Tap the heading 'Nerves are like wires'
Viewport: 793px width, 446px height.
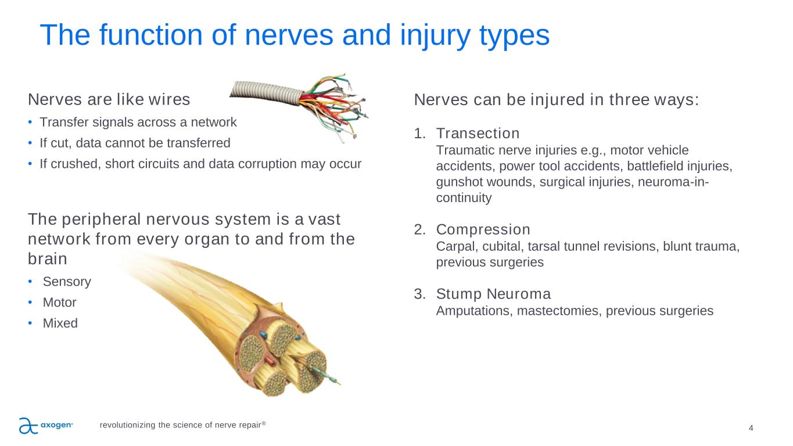pyautogui.click(x=109, y=99)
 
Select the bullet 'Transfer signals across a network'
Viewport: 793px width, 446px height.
pyautogui.click(x=138, y=122)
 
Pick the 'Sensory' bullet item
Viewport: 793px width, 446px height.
pyautogui.click(x=67, y=282)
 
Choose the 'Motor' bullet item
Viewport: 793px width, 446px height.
pyautogui.click(x=59, y=303)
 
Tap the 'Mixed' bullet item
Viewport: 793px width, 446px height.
pyautogui.click(x=60, y=323)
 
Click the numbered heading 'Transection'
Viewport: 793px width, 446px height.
pyautogui.click(x=478, y=134)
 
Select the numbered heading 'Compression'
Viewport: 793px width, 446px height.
pyautogui.click(x=483, y=230)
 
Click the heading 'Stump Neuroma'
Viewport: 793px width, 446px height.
pyautogui.click(x=493, y=294)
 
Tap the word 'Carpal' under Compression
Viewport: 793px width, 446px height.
pyautogui.click(x=455, y=246)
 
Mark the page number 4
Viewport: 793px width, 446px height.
pyautogui.click(x=751, y=428)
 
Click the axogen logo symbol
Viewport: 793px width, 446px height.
pyautogui.click(x=28, y=426)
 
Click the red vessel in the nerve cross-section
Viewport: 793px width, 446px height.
pyautogui.click(x=270, y=361)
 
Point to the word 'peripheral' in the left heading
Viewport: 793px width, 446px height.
pyautogui.click(x=101, y=220)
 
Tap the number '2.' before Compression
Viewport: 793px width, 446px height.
pyautogui.click(x=420, y=230)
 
